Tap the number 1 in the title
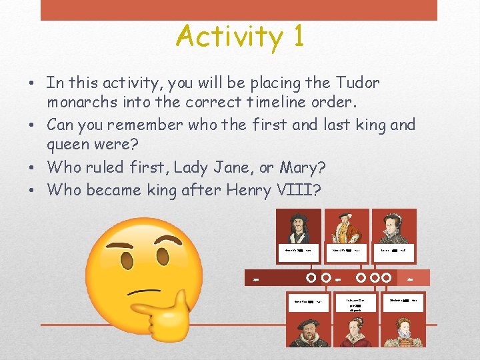(x=297, y=36)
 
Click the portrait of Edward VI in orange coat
(x=347, y=227)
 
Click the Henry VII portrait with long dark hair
(x=298, y=227)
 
